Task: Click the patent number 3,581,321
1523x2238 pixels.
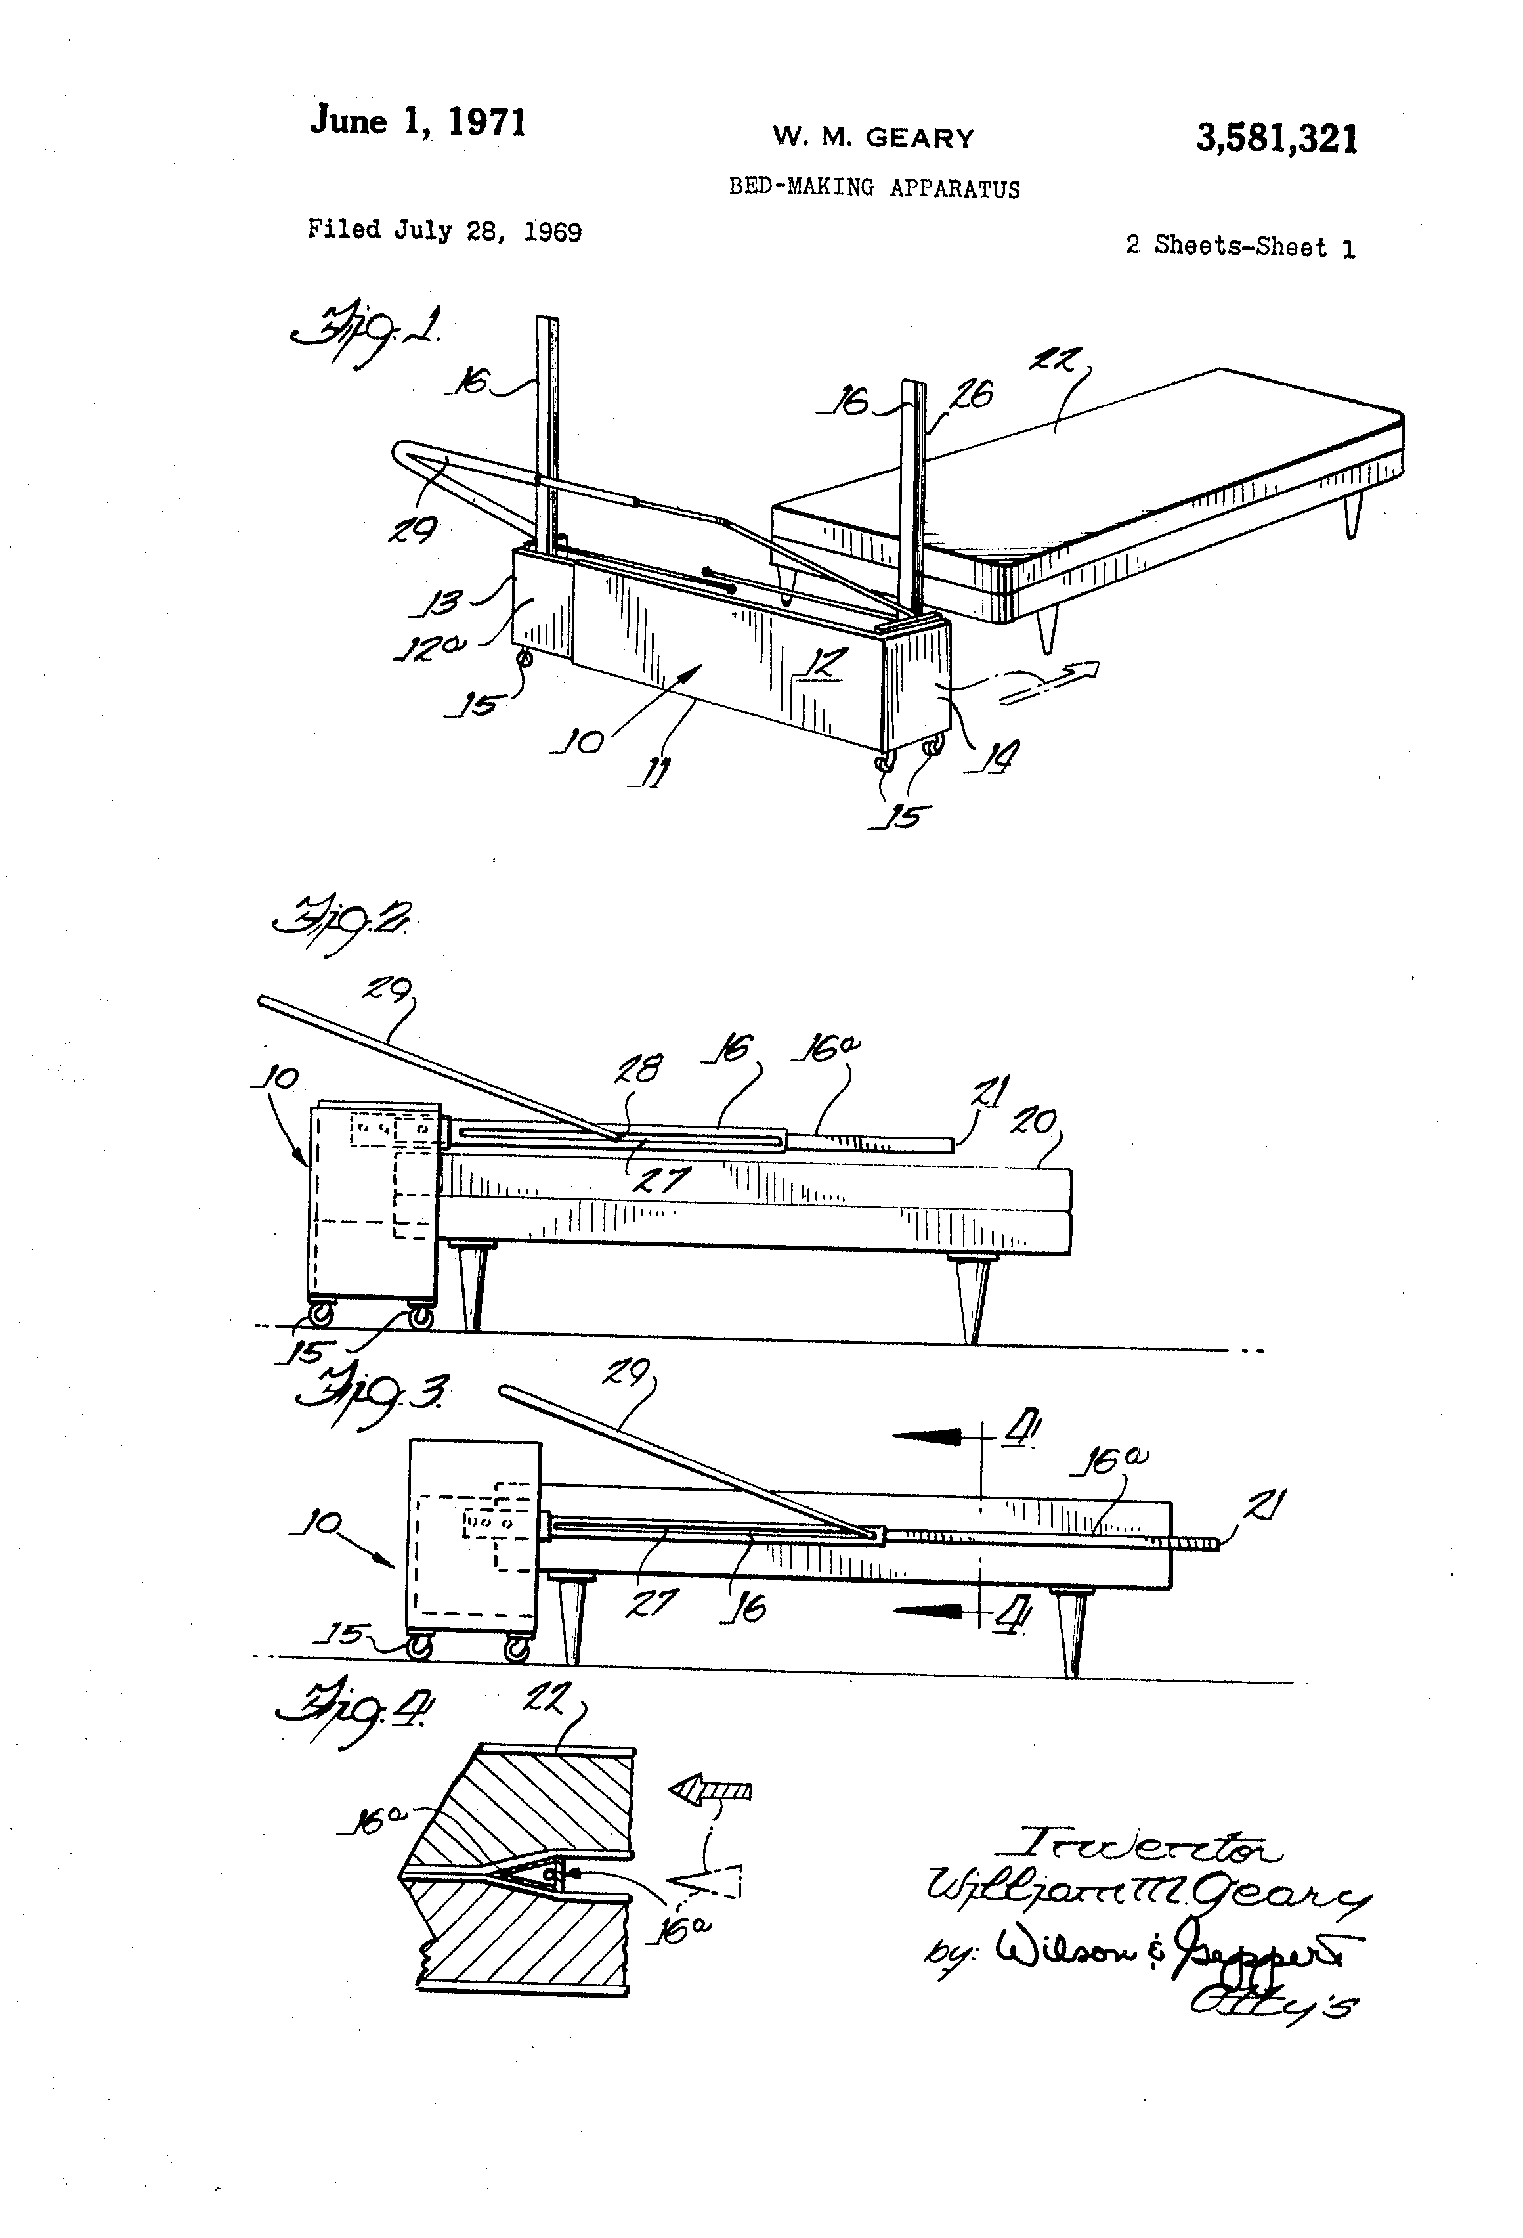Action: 1277,141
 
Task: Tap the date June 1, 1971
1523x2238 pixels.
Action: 418,123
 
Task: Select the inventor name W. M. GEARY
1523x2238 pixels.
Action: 873,139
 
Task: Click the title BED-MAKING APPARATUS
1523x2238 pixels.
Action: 873,188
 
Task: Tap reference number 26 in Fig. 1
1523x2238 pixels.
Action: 972,395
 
